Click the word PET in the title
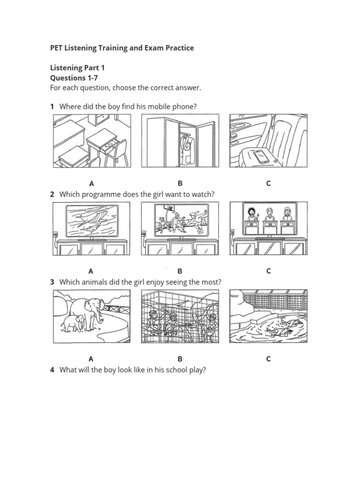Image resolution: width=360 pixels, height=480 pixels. click(x=57, y=48)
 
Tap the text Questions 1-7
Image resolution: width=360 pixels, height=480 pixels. click(x=71, y=78)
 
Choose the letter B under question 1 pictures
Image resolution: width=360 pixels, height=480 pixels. click(x=180, y=183)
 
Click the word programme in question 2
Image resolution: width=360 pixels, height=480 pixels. click(x=101, y=194)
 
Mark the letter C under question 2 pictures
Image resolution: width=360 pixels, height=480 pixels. click(x=268, y=271)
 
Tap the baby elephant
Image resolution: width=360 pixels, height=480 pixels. click(x=76, y=323)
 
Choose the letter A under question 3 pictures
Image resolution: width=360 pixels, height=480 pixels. click(x=91, y=359)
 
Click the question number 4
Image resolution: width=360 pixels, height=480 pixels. click(x=52, y=370)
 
